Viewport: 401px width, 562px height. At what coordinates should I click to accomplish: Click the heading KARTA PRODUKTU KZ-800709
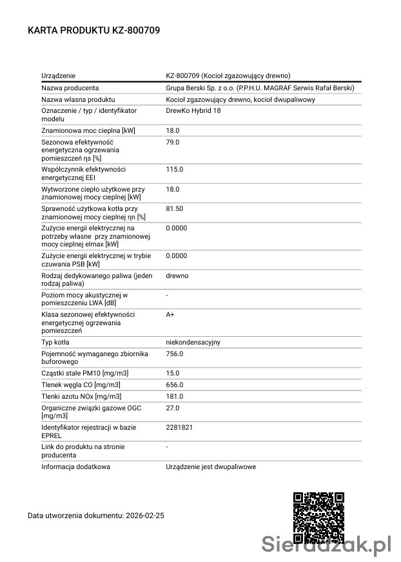pos(93,30)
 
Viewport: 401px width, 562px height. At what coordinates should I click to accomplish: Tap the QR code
pos(318,517)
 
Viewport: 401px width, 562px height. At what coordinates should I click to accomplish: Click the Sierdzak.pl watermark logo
pos(328,545)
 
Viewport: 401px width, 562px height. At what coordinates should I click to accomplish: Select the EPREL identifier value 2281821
pos(179,427)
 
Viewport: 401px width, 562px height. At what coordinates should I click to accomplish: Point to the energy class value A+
pos(170,314)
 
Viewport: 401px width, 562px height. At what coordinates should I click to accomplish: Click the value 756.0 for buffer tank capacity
pos(175,354)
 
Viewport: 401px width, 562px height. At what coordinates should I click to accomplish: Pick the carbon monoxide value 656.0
pos(175,385)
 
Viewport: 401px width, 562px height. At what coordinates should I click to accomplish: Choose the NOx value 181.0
pos(175,396)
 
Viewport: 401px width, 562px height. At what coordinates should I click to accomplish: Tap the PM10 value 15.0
pos(173,373)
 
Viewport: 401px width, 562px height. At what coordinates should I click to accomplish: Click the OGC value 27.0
pos(173,408)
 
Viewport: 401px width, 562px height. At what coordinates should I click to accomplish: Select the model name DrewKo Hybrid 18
pos(193,111)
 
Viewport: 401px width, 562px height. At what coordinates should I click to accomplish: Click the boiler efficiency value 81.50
pos(175,208)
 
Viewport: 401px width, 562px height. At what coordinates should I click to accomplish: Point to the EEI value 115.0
pos(175,169)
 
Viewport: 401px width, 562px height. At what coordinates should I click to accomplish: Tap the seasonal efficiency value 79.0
pos(173,142)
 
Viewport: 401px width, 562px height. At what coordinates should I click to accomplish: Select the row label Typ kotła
pos(55,342)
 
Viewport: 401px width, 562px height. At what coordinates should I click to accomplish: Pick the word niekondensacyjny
pos(193,342)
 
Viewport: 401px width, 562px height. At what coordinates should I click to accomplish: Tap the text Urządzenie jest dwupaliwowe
pos(211,466)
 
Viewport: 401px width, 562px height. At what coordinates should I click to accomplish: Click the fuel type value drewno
pos(177,276)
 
